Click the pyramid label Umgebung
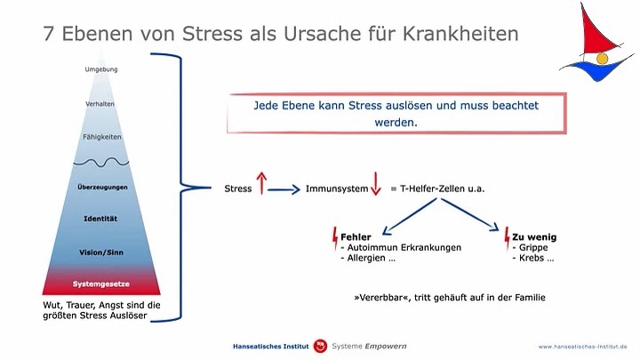[x=101, y=69]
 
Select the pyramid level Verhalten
[x=100, y=104]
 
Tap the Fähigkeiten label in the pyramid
[x=102, y=137]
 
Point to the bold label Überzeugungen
[x=102, y=187]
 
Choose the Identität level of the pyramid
[x=100, y=219]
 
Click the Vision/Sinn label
[x=101, y=252]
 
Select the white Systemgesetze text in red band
[x=101, y=284]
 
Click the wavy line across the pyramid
[x=101, y=163]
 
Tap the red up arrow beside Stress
[x=261, y=183]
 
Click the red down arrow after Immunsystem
[x=375, y=184]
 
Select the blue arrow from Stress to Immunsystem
[x=284, y=190]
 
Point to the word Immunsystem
[x=337, y=188]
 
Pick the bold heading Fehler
[x=356, y=237]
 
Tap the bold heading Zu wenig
[x=534, y=237]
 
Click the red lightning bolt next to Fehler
[x=335, y=238]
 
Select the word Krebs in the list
[x=532, y=258]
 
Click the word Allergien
[x=366, y=258]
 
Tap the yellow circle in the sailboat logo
[x=602, y=59]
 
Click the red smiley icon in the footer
[x=320, y=346]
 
